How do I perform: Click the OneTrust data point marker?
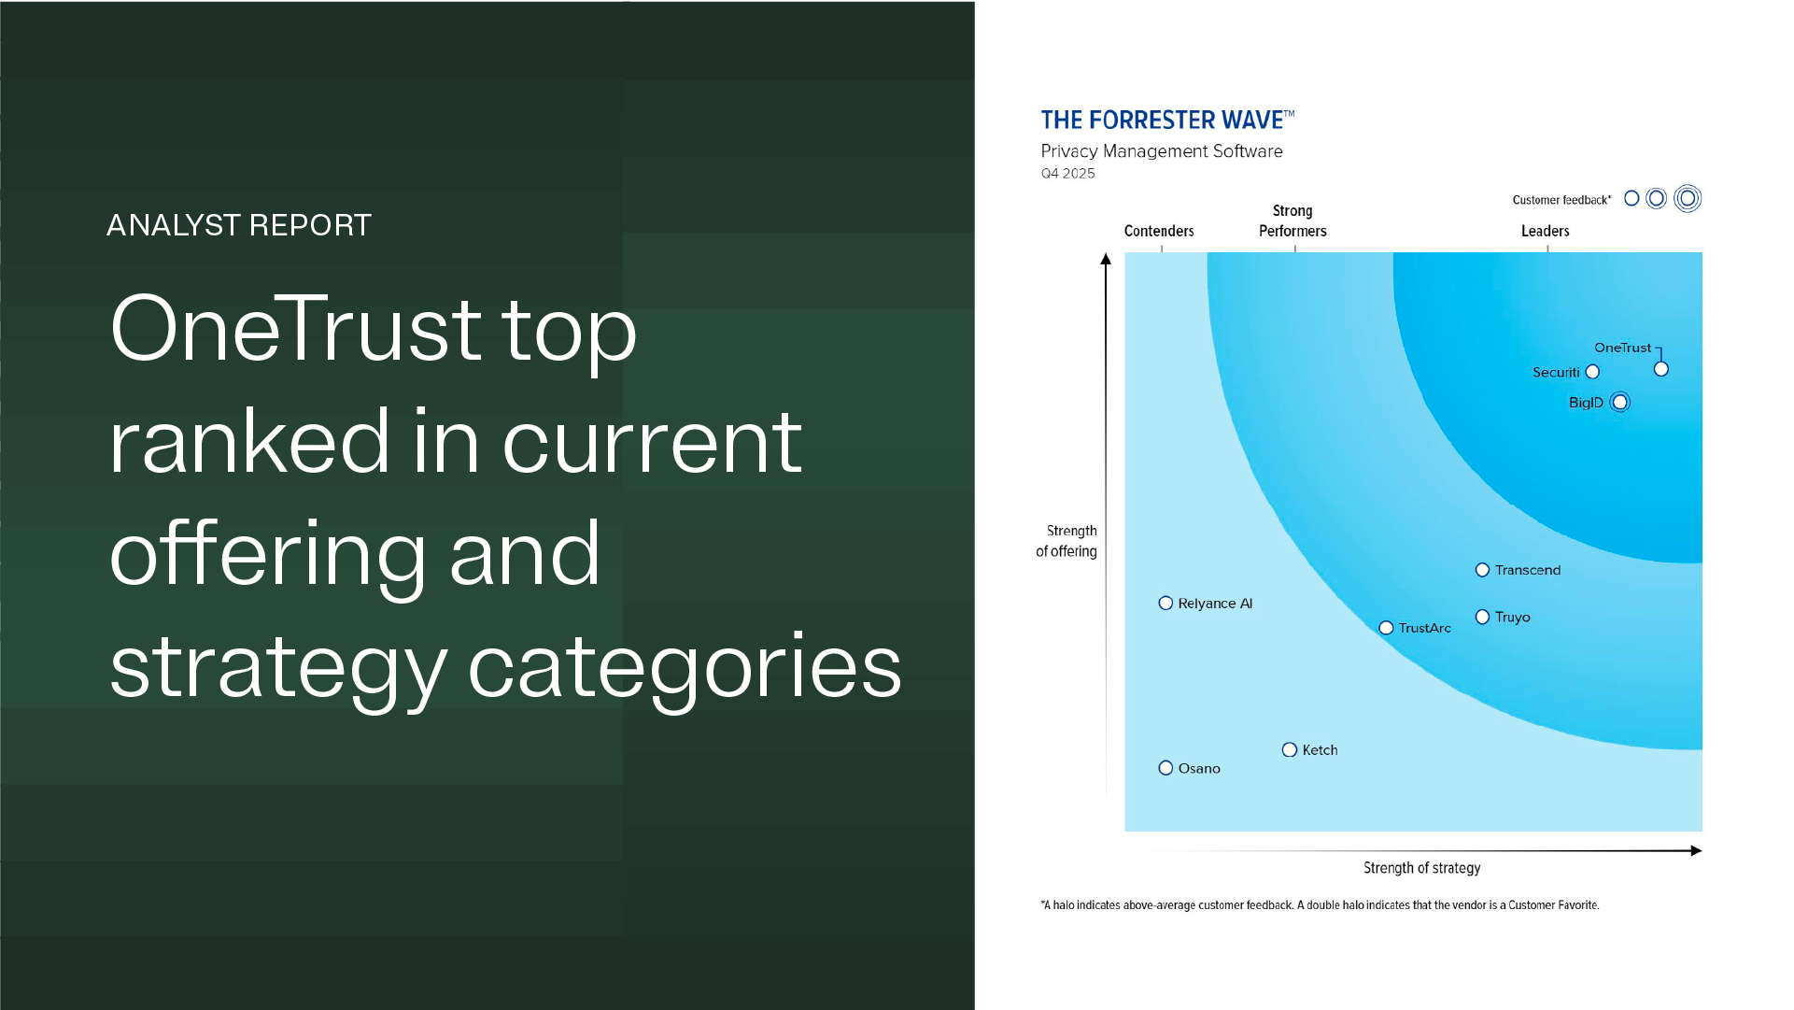[1660, 369]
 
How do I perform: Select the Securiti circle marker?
[1592, 372]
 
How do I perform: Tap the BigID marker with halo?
[1619, 403]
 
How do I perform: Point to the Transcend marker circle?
[1482, 570]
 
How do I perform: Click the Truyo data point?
[1482, 617]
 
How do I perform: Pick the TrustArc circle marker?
[1386, 628]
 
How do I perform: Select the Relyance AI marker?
[1165, 604]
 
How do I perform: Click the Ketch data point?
[1290, 750]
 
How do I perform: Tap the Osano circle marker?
[1165, 768]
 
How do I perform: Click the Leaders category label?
[1545, 231]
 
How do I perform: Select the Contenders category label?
[1158, 231]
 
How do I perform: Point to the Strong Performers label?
[1293, 221]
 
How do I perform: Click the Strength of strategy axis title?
[1421, 868]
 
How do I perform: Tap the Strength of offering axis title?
[1067, 541]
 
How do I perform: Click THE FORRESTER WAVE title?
[1166, 121]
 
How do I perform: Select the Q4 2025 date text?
[1067, 174]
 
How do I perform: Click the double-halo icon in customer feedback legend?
[1687, 199]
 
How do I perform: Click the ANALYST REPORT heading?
[239, 225]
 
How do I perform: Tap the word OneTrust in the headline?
[296, 329]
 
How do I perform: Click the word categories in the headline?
[684, 666]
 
